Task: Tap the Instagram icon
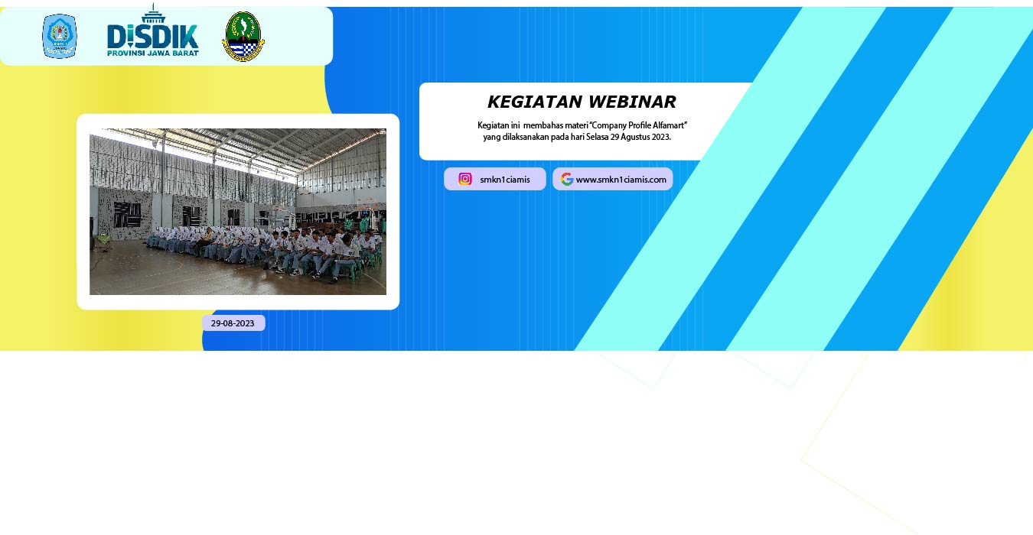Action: pos(465,179)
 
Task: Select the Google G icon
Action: pos(567,179)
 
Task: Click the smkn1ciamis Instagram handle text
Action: pos(504,180)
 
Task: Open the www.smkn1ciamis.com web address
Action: pos(621,180)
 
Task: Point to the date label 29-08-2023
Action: pos(233,323)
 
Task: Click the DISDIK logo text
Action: pos(152,37)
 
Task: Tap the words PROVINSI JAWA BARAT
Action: pos(152,53)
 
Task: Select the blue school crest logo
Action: pos(60,36)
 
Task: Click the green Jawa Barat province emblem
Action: pos(243,37)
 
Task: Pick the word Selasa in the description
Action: pos(597,137)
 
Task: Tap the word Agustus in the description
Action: pos(635,138)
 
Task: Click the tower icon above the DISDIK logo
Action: pos(153,13)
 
